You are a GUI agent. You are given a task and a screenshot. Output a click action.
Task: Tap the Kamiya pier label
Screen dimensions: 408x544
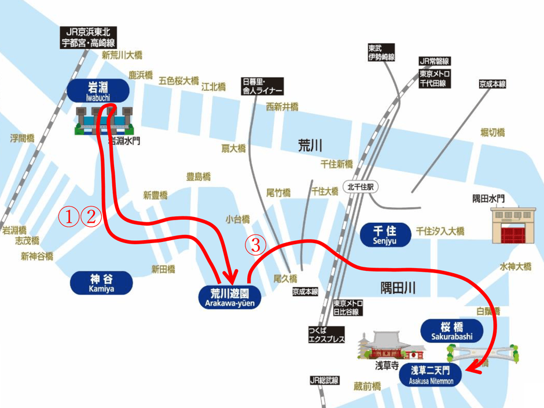[101, 282]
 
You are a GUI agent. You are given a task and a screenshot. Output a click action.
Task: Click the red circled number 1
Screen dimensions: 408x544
[69, 216]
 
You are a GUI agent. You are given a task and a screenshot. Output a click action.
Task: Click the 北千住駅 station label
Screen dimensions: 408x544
[359, 187]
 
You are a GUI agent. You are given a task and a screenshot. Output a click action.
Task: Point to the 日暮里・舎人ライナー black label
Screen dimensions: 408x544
[262, 87]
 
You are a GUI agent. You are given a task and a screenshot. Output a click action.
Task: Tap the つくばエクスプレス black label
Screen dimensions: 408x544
[327, 335]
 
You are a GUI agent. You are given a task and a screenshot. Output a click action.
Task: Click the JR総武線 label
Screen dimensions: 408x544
[324, 380]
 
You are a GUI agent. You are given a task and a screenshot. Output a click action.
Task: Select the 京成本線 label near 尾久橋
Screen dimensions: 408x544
[305, 292]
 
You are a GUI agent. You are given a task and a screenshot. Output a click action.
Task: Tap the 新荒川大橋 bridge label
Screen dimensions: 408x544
[122, 55]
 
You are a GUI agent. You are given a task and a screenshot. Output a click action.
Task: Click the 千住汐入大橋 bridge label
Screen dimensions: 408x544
[440, 231]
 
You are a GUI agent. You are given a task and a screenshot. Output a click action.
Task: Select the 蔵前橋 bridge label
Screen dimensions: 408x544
[367, 386]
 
